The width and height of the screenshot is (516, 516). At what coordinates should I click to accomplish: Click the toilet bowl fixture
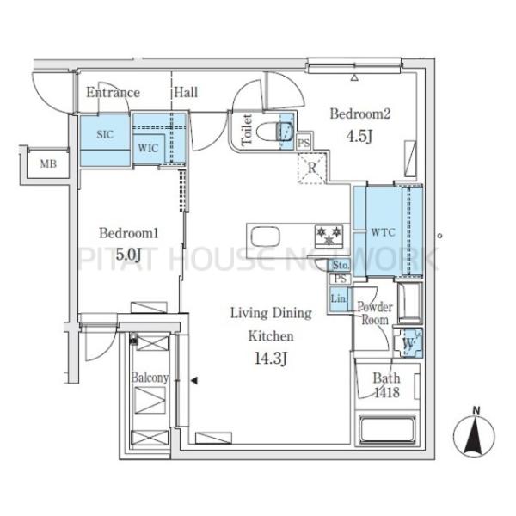click(x=274, y=132)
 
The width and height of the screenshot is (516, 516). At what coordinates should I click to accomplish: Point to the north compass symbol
click(x=474, y=433)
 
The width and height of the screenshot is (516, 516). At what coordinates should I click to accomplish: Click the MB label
click(x=48, y=163)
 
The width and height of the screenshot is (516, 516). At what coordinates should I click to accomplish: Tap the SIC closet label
click(x=105, y=134)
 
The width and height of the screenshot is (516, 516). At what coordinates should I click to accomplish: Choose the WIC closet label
click(x=148, y=148)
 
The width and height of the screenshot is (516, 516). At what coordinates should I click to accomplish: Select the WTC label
click(x=383, y=232)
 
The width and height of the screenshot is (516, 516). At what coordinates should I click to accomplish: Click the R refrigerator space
click(x=311, y=169)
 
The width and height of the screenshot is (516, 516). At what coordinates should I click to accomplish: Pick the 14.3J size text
click(x=271, y=359)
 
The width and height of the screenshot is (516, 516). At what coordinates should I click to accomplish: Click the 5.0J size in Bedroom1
click(x=129, y=254)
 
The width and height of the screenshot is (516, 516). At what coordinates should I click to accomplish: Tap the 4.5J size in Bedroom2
click(x=359, y=135)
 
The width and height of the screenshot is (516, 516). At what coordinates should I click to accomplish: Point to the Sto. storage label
click(x=341, y=265)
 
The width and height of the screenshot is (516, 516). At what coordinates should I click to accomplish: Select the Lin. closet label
click(x=339, y=298)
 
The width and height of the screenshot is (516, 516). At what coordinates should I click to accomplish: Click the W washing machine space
click(x=408, y=343)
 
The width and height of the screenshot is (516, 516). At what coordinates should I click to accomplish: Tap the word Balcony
click(x=150, y=378)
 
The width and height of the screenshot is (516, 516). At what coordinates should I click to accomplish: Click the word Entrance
click(x=114, y=93)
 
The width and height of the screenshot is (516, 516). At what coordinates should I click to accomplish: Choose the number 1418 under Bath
click(x=387, y=392)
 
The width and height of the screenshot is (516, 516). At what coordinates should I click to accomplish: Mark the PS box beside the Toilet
click(x=304, y=143)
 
